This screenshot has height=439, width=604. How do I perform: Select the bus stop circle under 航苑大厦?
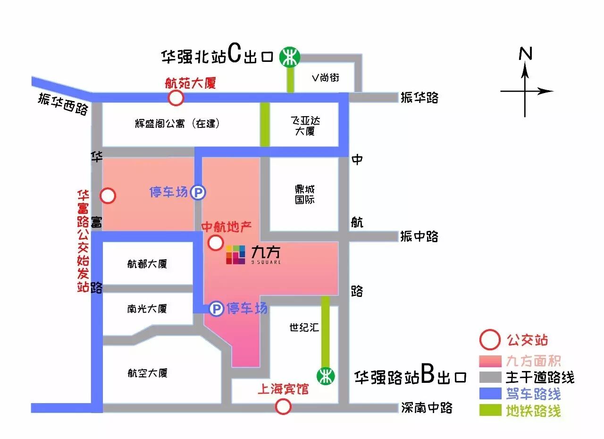click(x=176, y=98)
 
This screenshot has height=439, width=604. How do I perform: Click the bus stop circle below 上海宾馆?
click(x=283, y=406)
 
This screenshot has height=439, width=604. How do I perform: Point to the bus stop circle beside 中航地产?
click(x=216, y=243)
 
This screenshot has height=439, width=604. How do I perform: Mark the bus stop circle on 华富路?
click(x=108, y=195)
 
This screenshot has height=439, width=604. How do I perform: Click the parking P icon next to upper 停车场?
click(x=198, y=192)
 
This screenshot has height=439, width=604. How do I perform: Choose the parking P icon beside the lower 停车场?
click(x=216, y=309)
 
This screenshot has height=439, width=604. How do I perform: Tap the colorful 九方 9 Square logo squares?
click(x=235, y=254)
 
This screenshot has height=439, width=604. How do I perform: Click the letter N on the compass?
click(x=525, y=54)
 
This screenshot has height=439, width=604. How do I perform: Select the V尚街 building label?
click(x=325, y=78)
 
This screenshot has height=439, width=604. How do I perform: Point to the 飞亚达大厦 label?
click(x=305, y=126)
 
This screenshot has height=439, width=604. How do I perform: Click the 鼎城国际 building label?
click(x=305, y=194)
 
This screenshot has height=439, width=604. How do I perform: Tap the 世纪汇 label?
click(x=304, y=327)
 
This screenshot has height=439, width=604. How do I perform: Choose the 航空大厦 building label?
click(x=147, y=373)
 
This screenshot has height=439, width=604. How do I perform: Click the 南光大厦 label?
click(x=147, y=309)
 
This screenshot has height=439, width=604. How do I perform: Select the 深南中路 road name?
click(x=427, y=407)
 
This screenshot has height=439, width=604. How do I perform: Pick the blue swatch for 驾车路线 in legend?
click(x=490, y=393)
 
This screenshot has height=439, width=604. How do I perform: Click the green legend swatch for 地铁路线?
click(x=490, y=410)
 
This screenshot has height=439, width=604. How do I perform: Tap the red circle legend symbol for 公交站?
click(x=489, y=340)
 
